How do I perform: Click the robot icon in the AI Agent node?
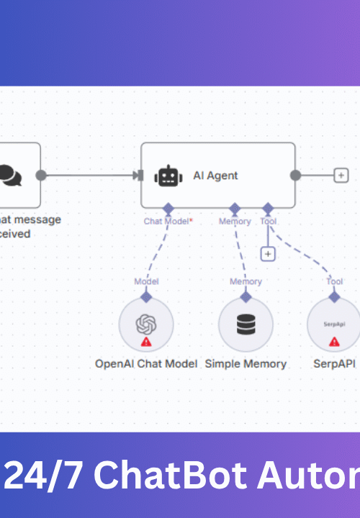pyautogui.click(x=168, y=176)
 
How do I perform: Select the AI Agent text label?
pyautogui.click(x=215, y=176)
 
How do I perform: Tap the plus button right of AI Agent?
pyautogui.click(x=341, y=175)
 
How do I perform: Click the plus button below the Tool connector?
pyautogui.click(x=268, y=254)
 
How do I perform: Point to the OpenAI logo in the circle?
pyautogui.click(x=146, y=324)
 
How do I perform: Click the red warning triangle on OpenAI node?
pyautogui.click(x=146, y=342)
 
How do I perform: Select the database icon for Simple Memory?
pyautogui.click(x=246, y=325)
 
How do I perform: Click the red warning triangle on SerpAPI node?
pyautogui.click(x=334, y=342)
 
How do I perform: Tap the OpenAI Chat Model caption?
pyautogui.click(x=146, y=364)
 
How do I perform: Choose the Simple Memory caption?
pyautogui.click(x=246, y=364)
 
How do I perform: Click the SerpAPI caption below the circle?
pyautogui.click(x=334, y=364)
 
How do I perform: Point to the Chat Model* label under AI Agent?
pyautogui.click(x=168, y=222)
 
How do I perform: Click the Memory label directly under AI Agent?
pyautogui.click(x=235, y=222)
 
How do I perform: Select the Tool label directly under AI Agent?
pyautogui.click(x=268, y=222)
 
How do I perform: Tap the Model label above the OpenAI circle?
pyautogui.click(x=146, y=281)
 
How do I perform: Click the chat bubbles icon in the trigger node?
pyautogui.click(x=9, y=175)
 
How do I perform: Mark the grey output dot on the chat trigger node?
pyautogui.click(x=41, y=175)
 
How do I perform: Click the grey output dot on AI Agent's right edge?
pyautogui.click(x=295, y=175)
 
